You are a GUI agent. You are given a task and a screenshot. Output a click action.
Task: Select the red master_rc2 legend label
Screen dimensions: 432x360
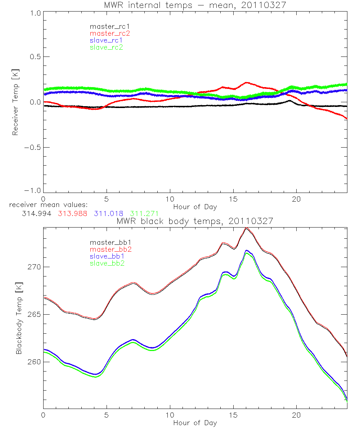[110, 33]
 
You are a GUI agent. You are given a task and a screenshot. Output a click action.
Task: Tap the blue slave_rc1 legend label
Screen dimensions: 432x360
[106, 40]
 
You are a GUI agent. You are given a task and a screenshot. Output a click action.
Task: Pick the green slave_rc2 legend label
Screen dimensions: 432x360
[106, 47]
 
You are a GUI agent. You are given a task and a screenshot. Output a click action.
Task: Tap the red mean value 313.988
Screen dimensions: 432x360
[72, 213]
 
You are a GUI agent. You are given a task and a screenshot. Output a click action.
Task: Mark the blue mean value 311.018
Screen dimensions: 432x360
[108, 213]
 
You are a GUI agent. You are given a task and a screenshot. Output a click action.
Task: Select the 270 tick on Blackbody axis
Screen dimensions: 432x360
[33, 267]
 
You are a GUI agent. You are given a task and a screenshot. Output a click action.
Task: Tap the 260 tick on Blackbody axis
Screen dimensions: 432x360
[33, 362]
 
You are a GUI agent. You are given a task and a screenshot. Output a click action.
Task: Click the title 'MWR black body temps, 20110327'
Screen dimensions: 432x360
[195, 221]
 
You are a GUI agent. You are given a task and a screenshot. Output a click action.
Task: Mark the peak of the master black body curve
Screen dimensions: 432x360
[246, 228]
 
